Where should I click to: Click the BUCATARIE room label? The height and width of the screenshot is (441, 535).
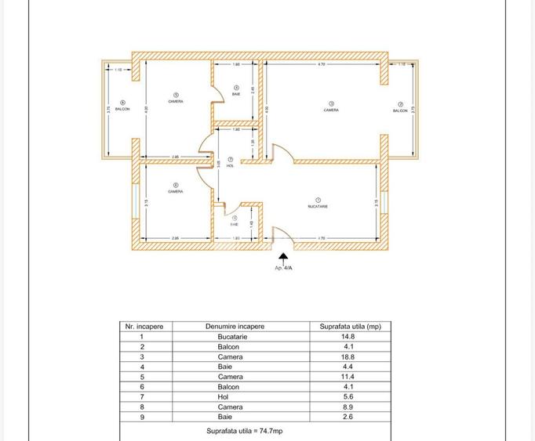[318, 206]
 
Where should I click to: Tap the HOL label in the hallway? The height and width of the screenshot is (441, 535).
[230, 166]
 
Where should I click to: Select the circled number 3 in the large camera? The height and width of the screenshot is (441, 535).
[331, 103]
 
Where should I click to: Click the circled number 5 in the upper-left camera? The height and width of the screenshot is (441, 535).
[176, 95]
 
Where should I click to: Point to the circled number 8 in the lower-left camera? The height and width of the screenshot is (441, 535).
[175, 185]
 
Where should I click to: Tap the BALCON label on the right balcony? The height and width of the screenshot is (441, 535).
[400, 111]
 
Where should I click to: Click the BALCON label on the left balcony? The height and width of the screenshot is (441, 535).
[122, 109]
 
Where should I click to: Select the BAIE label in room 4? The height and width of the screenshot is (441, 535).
[236, 94]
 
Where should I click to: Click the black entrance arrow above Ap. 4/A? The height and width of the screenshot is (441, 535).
[283, 257]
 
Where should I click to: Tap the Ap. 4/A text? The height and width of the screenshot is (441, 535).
[283, 268]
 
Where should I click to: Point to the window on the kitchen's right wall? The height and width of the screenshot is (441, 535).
[384, 202]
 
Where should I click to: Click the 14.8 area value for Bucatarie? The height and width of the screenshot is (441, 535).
[350, 337]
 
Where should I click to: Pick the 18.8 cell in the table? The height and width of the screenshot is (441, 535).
[350, 357]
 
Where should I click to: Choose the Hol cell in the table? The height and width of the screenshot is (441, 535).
[235, 397]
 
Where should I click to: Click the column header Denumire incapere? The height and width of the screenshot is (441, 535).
[235, 327]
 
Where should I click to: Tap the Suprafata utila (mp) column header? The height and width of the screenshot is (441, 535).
[350, 327]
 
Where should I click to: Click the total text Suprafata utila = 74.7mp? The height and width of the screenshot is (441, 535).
[244, 431]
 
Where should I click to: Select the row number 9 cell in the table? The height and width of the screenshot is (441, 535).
[142, 418]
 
